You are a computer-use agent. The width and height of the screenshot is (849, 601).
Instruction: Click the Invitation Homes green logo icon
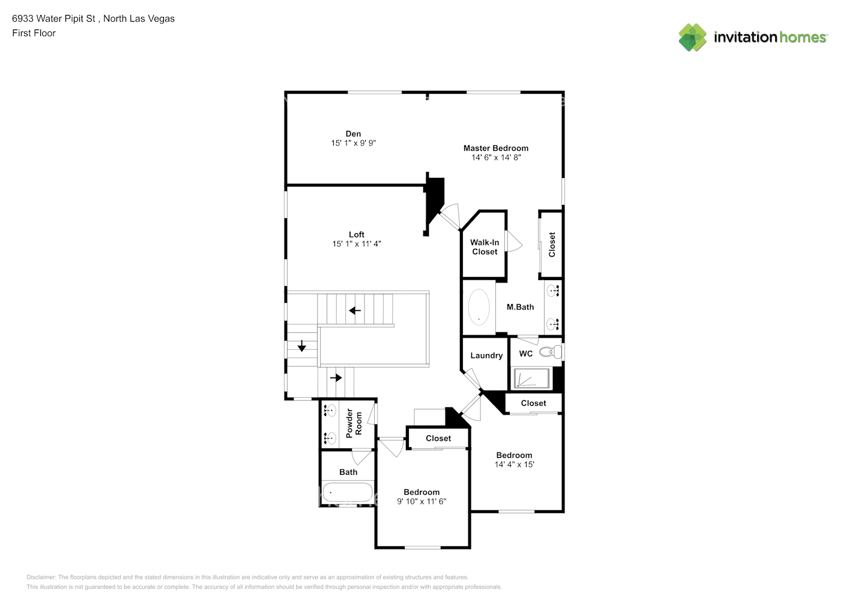692,37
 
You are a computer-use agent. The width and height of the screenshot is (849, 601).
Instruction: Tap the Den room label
353,134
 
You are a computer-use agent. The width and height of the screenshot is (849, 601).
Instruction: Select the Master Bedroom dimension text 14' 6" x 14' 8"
496,157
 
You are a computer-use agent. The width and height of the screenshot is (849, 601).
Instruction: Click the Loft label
357,234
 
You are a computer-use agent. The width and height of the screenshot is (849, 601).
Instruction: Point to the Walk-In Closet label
485,247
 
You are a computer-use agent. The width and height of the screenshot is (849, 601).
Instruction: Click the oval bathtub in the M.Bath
479,307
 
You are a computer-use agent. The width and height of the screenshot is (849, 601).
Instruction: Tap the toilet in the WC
549,353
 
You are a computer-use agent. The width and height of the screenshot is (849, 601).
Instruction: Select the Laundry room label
486,355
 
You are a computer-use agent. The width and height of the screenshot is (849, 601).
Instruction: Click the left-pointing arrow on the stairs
355,311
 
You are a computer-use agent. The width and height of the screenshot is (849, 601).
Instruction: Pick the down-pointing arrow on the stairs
302,347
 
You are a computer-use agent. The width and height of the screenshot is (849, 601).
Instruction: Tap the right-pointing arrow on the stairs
336,377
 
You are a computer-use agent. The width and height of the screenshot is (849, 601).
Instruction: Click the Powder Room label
354,423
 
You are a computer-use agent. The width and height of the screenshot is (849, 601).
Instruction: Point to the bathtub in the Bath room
347,493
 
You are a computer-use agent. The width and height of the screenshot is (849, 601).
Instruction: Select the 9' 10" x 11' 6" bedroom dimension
421,501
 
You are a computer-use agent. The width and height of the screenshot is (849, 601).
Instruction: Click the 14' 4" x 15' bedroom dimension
514,465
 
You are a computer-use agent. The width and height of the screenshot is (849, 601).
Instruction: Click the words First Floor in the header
34,33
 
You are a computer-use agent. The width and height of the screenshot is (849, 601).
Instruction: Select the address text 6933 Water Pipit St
53,19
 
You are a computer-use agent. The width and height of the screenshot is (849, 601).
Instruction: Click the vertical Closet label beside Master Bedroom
552,245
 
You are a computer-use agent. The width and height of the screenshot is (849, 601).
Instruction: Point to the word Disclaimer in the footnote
41,577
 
